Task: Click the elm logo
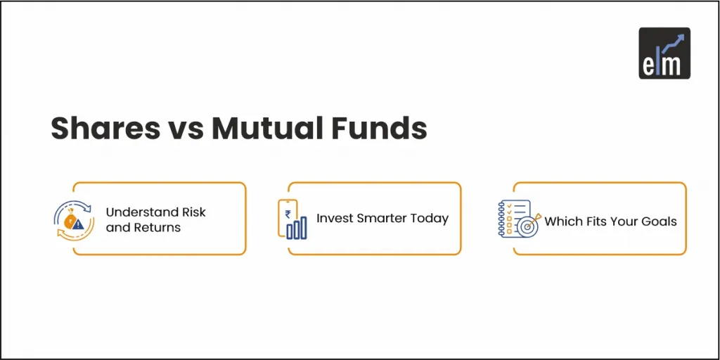[x=664, y=53]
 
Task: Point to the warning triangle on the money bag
[x=77, y=224]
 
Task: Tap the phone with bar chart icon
[x=292, y=219]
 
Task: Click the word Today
[x=430, y=218]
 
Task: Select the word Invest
[x=335, y=218]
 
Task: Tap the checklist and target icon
[x=520, y=219]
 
